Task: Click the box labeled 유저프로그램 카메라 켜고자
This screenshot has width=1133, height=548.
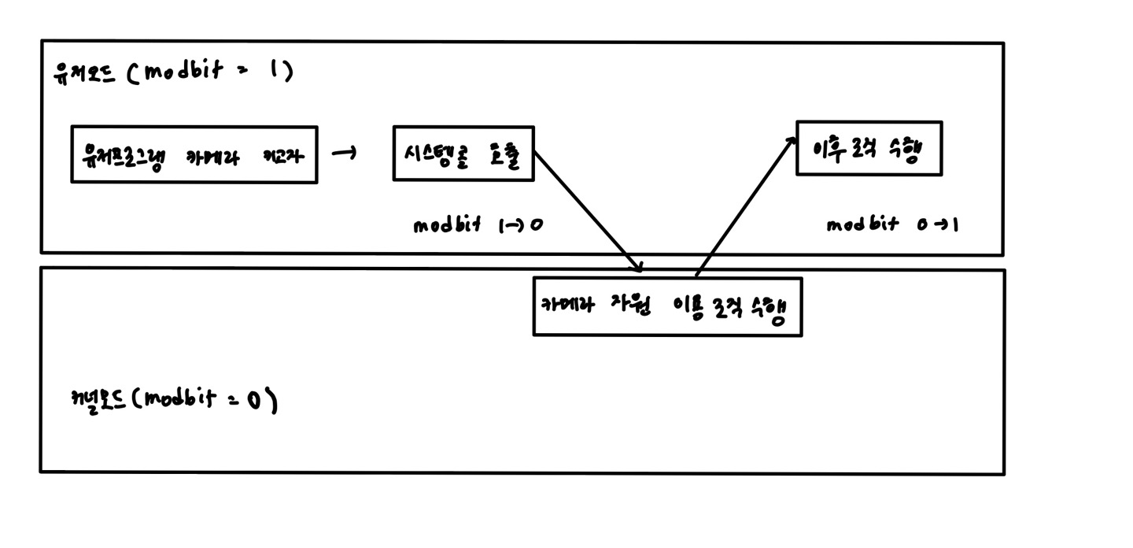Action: (194, 154)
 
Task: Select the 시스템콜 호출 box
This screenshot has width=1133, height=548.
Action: (463, 154)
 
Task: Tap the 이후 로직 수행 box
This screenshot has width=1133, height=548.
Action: (869, 148)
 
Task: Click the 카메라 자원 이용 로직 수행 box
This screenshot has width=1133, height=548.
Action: (667, 307)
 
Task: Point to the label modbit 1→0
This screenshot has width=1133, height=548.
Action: (478, 225)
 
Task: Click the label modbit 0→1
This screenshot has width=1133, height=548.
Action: (891, 224)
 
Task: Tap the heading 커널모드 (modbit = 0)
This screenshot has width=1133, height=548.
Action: (173, 400)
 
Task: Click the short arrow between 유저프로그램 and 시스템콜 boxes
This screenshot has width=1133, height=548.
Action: (343, 154)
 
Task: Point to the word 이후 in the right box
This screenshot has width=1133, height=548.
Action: (828, 148)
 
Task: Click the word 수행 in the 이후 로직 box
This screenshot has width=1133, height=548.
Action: (905, 150)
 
